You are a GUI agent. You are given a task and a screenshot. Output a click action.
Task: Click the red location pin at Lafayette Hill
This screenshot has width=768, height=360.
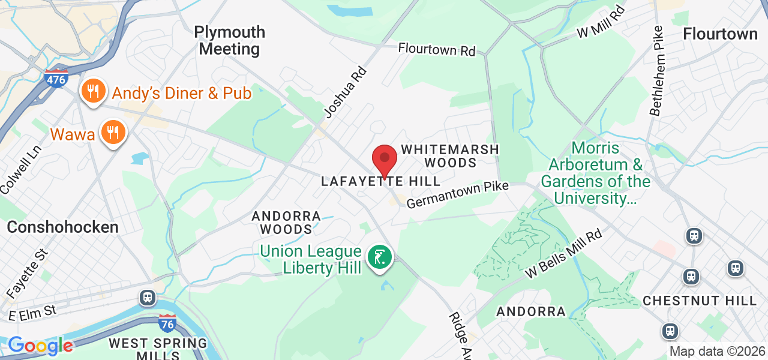(x=385, y=160)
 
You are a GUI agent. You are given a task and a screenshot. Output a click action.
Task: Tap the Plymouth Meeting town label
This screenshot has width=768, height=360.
(x=230, y=40)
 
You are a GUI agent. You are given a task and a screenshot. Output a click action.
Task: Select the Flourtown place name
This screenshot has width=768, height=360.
(x=720, y=34)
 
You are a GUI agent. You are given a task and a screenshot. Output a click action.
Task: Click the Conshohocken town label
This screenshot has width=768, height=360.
(x=62, y=227)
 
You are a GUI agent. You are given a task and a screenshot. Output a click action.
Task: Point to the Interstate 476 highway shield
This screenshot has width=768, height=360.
(x=56, y=79)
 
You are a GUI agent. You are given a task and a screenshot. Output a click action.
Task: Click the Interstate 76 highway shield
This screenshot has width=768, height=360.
(x=167, y=323)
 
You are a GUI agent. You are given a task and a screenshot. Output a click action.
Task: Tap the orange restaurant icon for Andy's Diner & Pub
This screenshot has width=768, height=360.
(x=93, y=92)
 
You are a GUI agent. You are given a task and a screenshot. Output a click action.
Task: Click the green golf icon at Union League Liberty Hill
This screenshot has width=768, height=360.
(x=379, y=257)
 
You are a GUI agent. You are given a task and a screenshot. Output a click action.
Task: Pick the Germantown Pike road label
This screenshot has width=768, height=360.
(x=457, y=195)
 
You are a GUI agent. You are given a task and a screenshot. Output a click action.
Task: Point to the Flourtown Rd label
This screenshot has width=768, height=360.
(x=437, y=49)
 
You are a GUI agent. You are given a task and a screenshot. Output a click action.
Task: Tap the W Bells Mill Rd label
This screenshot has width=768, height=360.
(x=563, y=254)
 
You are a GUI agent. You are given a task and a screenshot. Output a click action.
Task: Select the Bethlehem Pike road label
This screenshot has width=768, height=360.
(x=658, y=70)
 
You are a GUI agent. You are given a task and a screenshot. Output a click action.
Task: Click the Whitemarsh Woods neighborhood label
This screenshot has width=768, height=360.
(x=450, y=155)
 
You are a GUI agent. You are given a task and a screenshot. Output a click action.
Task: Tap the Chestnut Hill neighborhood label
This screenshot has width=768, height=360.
(x=700, y=301)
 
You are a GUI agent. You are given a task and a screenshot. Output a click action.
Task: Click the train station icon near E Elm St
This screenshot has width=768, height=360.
(x=147, y=297)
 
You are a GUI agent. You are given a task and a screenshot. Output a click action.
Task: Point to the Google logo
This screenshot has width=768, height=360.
(x=40, y=346)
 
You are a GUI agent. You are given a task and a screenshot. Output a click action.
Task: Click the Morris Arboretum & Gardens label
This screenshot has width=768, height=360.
(x=595, y=173)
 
